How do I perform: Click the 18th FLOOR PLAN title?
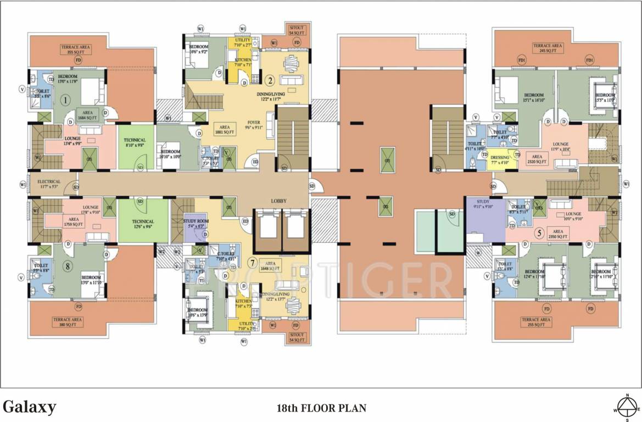point(321,408)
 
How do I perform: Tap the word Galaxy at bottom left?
point(30,407)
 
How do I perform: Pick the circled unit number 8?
point(68,267)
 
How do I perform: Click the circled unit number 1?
point(65,101)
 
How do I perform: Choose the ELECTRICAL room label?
point(49,184)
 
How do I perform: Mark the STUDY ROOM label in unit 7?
point(195,223)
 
